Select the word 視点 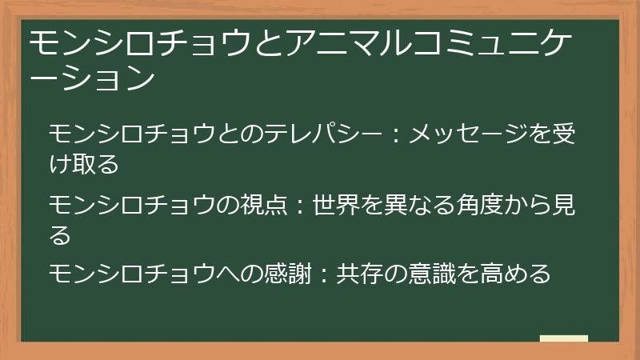(x=258, y=206)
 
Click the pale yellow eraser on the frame (x=563, y=339)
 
